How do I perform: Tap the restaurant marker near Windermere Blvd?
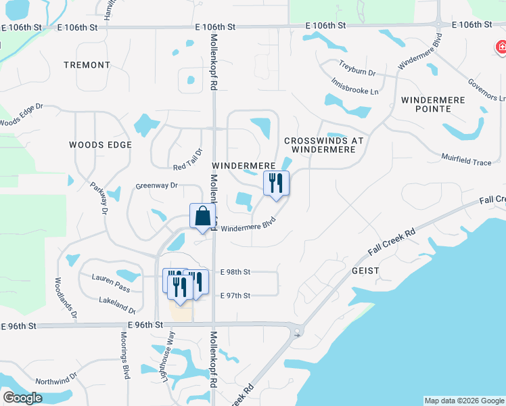(276, 183)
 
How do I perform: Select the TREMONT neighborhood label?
(87, 65)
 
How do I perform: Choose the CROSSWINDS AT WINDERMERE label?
(324, 145)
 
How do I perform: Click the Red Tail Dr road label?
(188, 160)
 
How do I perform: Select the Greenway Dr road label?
(156, 185)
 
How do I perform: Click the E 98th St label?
(235, 272)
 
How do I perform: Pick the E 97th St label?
(235, 296)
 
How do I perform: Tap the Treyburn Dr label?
(357, 71)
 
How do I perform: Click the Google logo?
(22, 398)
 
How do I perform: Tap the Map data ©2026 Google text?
(464, 401)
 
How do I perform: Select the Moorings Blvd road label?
(125, 357)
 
